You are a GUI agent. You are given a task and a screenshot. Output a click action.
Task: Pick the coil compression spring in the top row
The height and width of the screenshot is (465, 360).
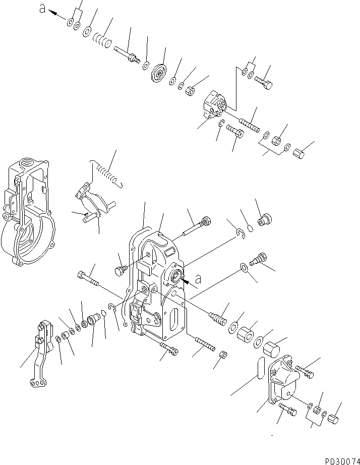[103, 40]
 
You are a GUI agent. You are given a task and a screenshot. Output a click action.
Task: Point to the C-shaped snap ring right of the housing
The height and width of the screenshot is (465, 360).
[241, 234]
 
